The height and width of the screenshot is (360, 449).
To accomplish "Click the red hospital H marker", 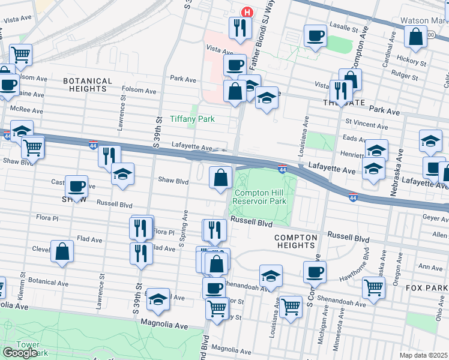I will tap(246, 12).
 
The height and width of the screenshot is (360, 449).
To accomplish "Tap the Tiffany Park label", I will tap(192, 119).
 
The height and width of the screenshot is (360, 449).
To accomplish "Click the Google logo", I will tap(20, 353).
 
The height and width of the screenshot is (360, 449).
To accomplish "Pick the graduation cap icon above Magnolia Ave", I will tap(158, 299).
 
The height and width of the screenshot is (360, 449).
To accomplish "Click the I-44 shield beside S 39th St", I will tap(93, 145).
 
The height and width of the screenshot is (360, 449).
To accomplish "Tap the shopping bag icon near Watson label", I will tap(415, 37).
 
